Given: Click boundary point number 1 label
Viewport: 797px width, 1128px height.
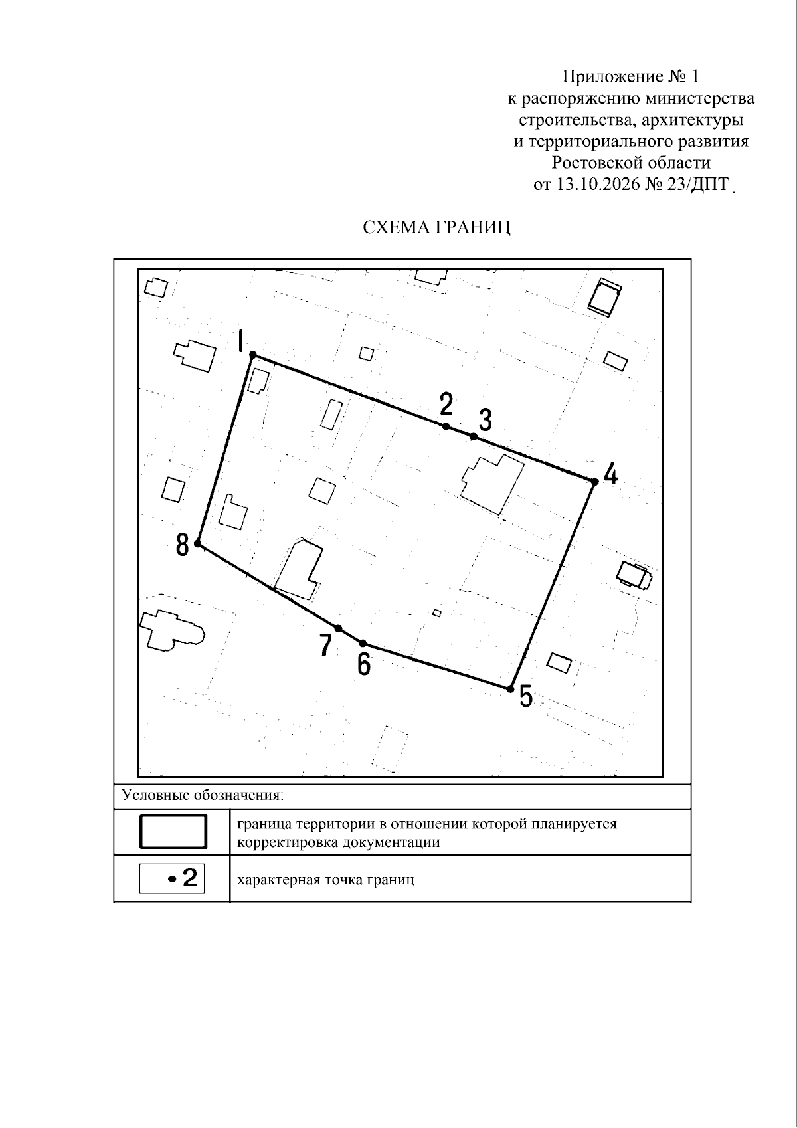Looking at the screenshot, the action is tap(241, 342).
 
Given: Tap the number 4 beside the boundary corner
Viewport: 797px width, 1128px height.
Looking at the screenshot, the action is tap(611, 474).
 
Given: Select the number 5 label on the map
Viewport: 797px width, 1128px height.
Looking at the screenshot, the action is tap(525, 697).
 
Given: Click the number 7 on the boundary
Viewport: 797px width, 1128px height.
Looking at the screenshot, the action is tap(326, 645).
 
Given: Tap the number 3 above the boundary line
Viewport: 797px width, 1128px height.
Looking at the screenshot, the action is tap(486, 420).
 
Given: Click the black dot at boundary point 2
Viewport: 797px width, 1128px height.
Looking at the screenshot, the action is tap(446, 426).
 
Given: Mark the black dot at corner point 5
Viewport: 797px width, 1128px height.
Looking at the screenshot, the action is tap(509, 688).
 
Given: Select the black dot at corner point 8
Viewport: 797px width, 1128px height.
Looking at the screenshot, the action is tap(198, 544).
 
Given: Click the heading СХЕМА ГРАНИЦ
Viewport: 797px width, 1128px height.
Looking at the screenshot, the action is tap(436, 228).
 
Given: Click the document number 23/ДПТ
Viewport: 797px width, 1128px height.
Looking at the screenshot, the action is tap(698, 185).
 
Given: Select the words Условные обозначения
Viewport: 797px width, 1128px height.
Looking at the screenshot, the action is tap(203, 795).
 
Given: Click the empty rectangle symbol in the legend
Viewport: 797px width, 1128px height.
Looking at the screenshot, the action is tap(173, 832).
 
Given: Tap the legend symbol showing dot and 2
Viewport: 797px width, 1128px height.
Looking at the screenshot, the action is tap(172, 880).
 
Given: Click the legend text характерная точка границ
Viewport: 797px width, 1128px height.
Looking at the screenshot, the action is tap(325, 880).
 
